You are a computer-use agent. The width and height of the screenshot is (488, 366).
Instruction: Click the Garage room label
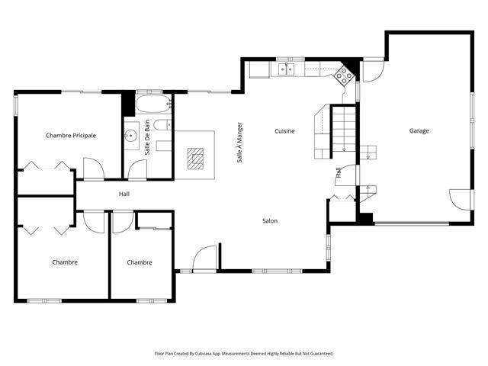(x=419, y=131)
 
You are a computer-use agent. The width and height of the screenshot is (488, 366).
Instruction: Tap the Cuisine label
(x=284, y=131)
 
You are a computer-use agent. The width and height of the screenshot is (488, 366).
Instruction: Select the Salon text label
(x=270, y=220)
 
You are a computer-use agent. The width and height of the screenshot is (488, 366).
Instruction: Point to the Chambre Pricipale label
(x=71, y=136)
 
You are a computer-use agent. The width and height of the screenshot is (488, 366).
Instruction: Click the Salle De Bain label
(x=147, y=137)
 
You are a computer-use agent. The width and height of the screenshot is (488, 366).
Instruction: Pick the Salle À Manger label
(x=239, y=143)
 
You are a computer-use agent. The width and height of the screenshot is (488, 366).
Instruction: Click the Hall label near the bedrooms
(x=124, y=194)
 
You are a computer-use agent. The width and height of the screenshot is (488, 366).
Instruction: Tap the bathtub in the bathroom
(x=153, y=104)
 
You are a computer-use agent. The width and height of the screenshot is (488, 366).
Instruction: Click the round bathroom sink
(x=131, y=136)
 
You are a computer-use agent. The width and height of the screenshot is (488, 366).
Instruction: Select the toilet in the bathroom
(x=162, y=125)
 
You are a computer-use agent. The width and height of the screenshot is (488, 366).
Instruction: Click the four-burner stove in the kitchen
(x=344, y=75)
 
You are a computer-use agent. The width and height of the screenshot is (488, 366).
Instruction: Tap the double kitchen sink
(x=287, y=69)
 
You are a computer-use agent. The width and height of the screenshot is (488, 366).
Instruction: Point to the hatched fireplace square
(x=195, y=159)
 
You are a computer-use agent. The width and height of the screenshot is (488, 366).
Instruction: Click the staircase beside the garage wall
(x=344, y=133)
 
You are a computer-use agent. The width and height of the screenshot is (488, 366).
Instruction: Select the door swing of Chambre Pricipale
(x=93, y=169)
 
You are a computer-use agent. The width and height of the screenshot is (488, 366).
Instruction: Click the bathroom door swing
(x=137, y=169)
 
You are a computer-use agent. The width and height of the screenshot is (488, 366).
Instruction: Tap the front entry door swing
(x=204, y=258)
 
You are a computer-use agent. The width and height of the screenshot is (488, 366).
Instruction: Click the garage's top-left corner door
(x=374, y=71)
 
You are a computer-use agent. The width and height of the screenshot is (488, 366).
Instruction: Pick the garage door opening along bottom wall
(x=412, y=223)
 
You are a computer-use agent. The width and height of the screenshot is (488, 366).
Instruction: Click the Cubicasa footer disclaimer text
(x=244, y=354)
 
